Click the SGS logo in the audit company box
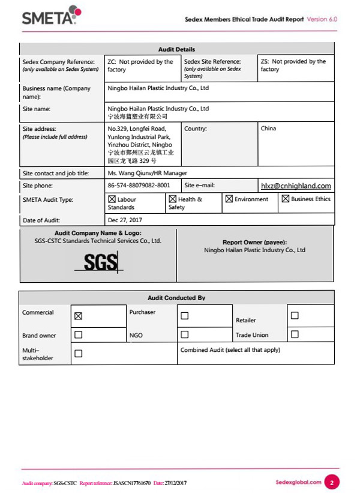coord(100,262)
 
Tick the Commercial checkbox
coord(78,316)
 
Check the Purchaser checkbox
coord(185,315)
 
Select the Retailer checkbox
coord(295,315)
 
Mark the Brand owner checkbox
coord(78,334)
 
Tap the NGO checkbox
coord(185,334)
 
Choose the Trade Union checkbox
coord(295,334)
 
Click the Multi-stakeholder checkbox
coord(78,354)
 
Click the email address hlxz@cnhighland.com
coord(296,186)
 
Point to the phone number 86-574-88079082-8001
coord(139,186)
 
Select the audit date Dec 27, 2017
coord(125,220)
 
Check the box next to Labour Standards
coord(112,199)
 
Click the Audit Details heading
coord(176,49)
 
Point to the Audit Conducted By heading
coord(176,298)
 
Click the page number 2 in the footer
coord(332,482)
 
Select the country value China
coord(269,129)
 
